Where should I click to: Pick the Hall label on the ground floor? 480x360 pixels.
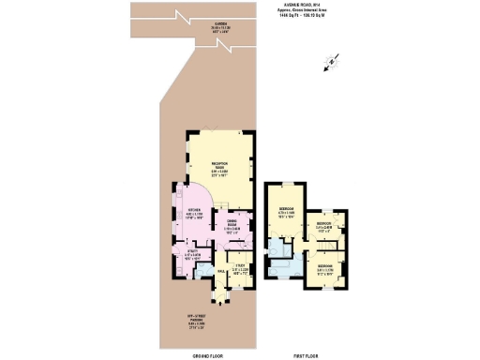point(221,271)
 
